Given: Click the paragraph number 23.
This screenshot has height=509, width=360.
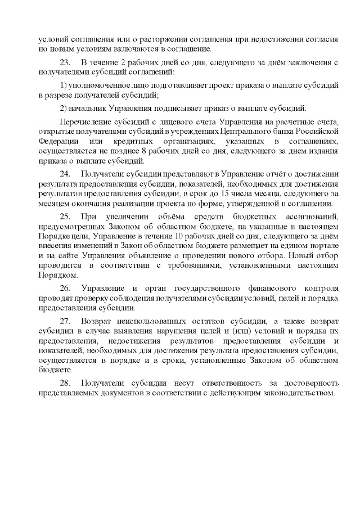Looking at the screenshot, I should click(64, 61).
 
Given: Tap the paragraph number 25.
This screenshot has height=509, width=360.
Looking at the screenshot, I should click(64, 217).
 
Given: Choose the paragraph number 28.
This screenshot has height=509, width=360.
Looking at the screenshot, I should click(64, 382).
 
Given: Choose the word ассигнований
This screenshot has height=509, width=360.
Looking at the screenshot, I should click(312, 217).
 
